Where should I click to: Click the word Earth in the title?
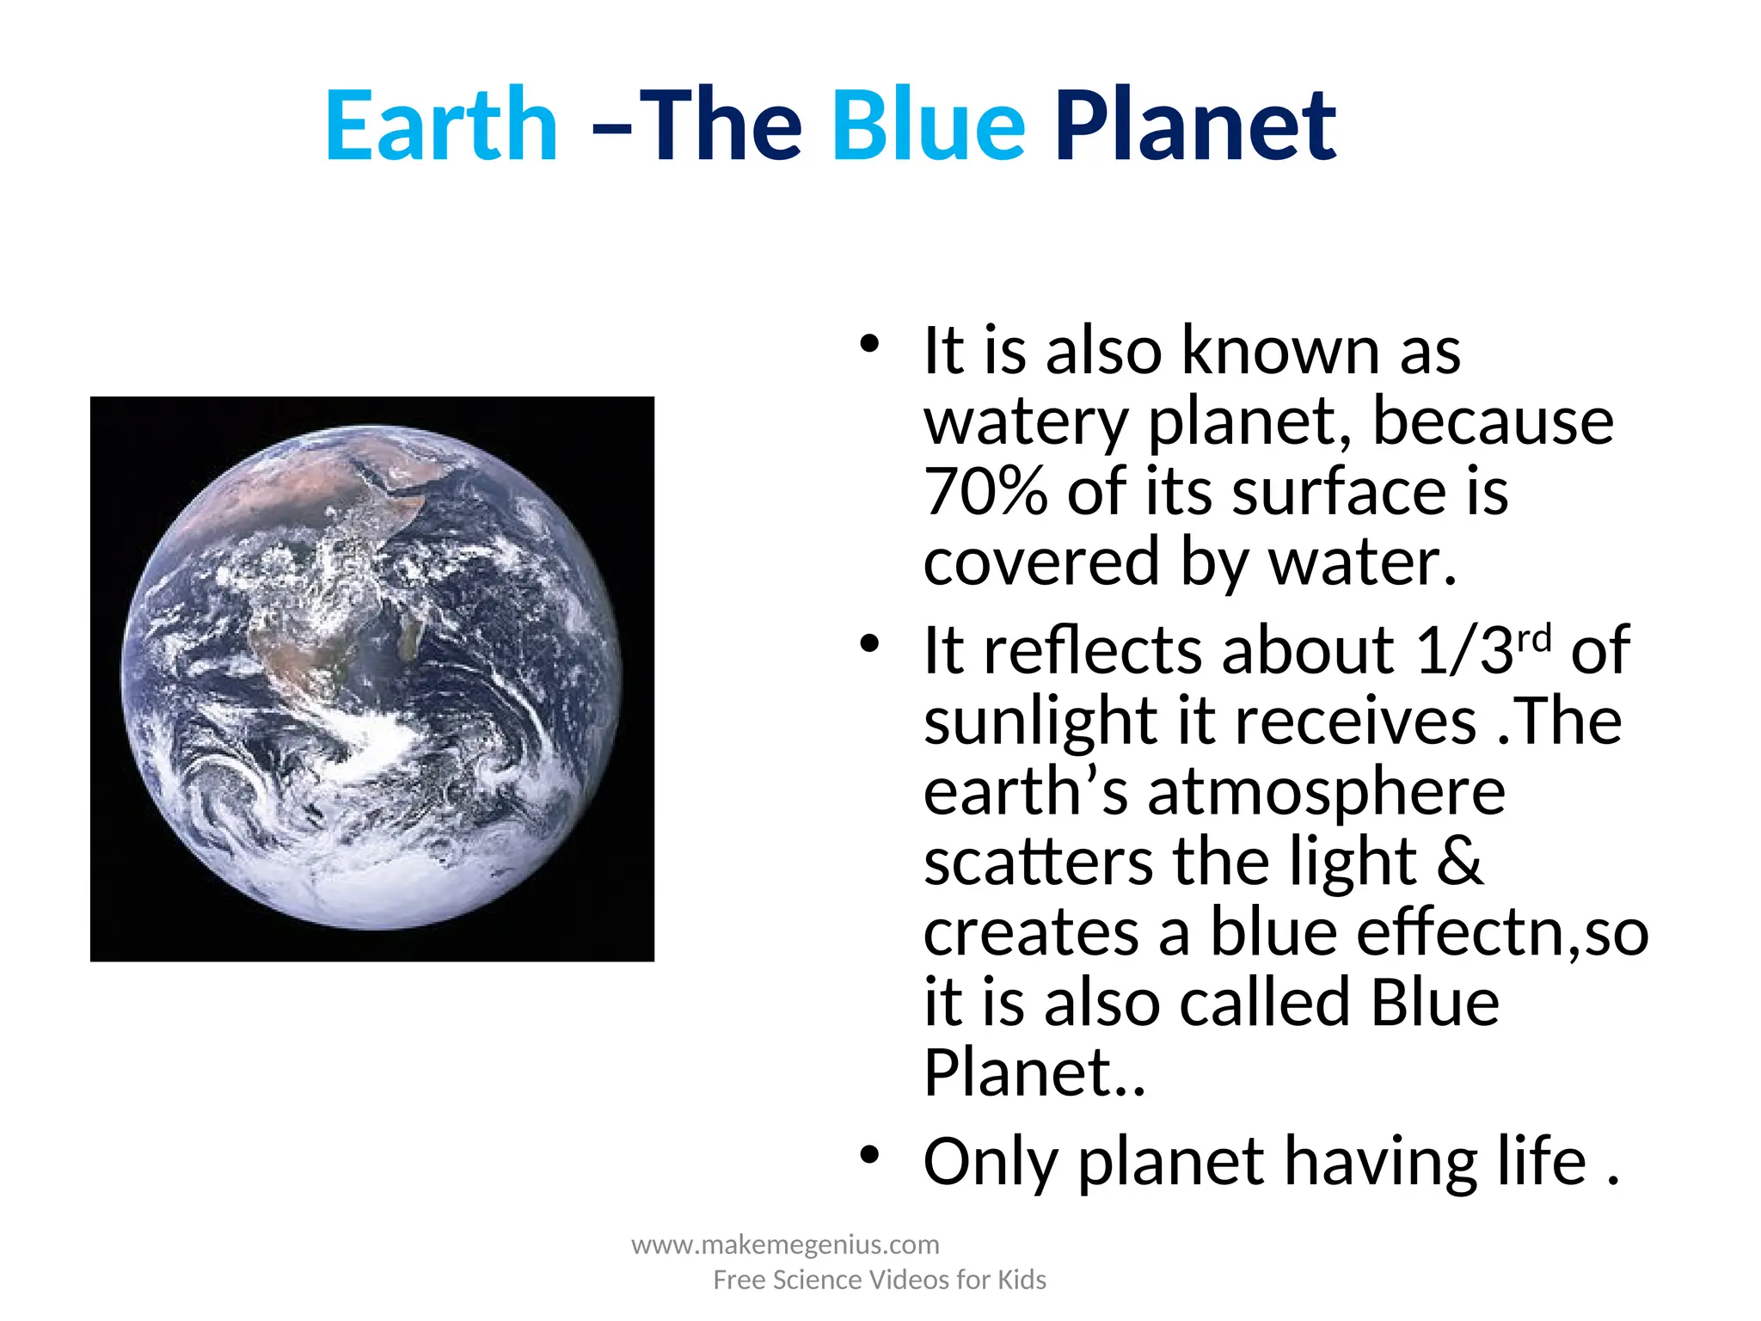pos(441,126)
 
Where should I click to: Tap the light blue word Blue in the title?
pos(929,126)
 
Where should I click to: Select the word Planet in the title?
pos(1195,126)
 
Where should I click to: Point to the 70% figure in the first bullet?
pos(985,492)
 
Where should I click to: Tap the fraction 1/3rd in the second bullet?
pos(1483,650)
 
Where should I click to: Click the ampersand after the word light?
pos(1459,861)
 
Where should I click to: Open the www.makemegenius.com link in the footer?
pos(785,1244)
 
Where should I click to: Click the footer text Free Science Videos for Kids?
pos(879,1280)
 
